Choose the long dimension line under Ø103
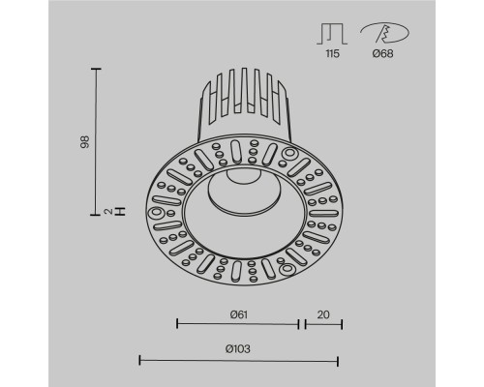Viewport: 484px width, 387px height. click(x=239, y=361)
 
